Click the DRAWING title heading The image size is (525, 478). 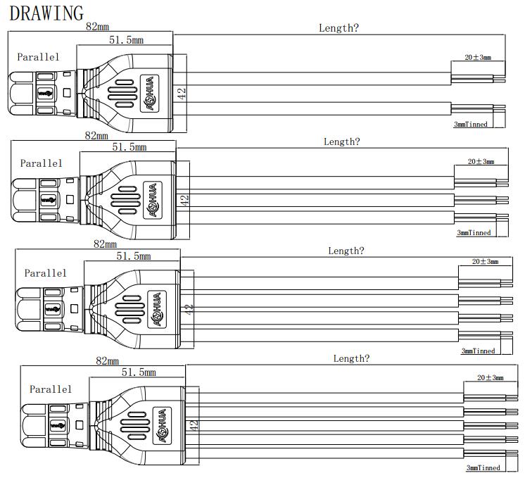coord(46,13)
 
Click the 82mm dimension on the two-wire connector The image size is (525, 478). coord(97,27)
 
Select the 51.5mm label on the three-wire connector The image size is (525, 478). coord(129,147)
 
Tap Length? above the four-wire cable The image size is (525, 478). coord(346,251)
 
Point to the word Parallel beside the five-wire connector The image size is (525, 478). coord(51,389)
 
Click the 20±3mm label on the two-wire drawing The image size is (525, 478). coord(478,57)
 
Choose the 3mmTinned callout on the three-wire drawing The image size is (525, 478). coord(474,232)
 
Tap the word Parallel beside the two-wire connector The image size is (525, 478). coord(38,57)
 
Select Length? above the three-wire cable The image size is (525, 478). coord(341,141)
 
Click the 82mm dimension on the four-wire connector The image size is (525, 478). coord(105,244)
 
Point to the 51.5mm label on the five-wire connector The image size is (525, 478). coord(139,372)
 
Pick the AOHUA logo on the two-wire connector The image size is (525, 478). coord(149,92)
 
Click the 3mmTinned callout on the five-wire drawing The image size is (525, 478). coord(483,467)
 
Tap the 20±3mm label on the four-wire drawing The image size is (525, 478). coord(485,261)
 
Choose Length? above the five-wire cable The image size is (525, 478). coord(351,358)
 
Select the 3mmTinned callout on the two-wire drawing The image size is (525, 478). coord(471,124)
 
